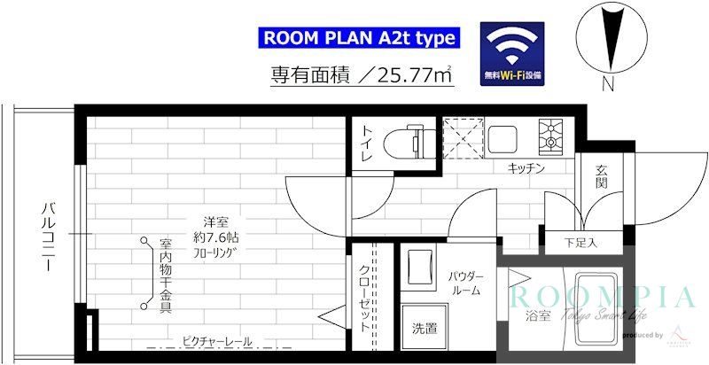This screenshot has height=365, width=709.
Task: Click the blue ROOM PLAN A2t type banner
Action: click(359, 38)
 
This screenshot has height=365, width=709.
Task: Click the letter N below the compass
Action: click(607, 86)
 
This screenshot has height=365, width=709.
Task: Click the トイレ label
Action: click(365, 144)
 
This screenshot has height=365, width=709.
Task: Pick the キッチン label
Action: click(526, 168)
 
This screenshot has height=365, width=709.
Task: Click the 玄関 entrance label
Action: click(602, 176)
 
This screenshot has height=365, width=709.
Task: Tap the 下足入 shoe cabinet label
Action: click(580, 241)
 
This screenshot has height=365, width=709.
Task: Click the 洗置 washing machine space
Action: click(423, 330)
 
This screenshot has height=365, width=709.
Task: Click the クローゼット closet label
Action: click(365, 296)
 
